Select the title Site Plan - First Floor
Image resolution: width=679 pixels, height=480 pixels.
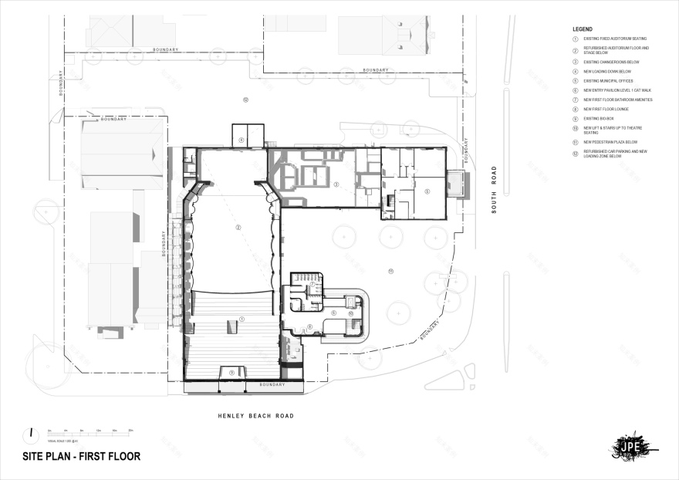pyautogui.click(x=81, y=456)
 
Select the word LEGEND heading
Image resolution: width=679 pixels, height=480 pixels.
pyautogui.click(x=583, y=29)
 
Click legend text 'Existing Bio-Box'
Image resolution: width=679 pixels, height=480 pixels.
pyautogui.click(x=599, y=119)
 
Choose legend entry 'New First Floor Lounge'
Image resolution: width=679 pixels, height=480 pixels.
pyautogui.click(x=606, y=110)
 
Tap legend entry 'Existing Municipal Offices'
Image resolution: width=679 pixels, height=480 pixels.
pyautogui.click(x=608, y=80)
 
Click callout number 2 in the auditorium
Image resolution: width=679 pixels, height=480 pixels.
pyautogui.click(x=238, y=228)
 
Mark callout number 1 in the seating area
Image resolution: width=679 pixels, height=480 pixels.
pyautogui.click(x=241, y=319)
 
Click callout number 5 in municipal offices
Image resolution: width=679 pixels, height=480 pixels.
pyautogui.click(x=427, y=191)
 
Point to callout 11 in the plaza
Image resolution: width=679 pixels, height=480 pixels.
pyautogui.click(x=391, y=272)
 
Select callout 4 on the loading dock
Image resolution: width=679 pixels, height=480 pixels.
pyautogui.click(x=242, y=140)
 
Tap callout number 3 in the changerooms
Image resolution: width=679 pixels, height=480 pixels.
pyautogui.click(x=336, y=184)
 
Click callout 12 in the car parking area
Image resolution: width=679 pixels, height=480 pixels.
pyautogui.click(x=245, y=100)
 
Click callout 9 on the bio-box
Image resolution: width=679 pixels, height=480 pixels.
pyautogui.click(x=231, y=373)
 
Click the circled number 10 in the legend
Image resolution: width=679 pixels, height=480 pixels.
pyautogui.click(x=575, y=128)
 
